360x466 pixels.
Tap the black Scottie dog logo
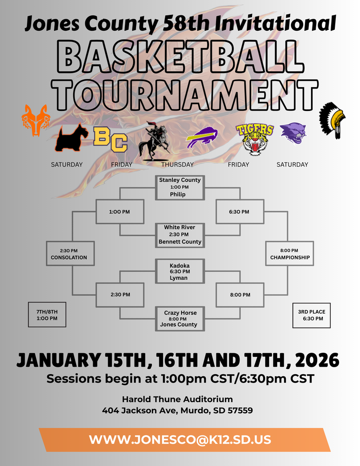point(71,138)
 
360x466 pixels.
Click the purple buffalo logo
point(202,138)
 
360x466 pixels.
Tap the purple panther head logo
point(293,133)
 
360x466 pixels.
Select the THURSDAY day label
point(177,164)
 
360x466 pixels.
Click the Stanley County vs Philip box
point(180,187)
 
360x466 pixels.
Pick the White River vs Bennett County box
point(180,234)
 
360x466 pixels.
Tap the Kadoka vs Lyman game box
point(180,271)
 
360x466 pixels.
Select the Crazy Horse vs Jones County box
point(180,319)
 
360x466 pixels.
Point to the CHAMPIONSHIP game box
point(290,254)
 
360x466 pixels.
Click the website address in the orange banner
point(180,439)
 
